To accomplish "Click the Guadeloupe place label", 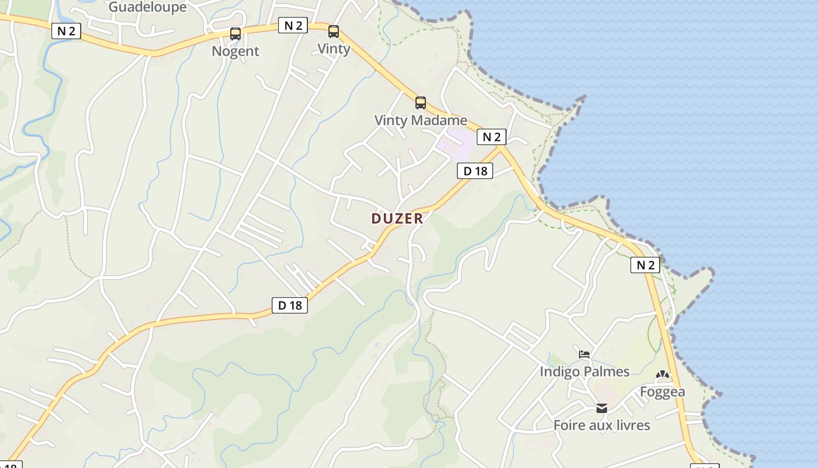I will [x=147, y=7].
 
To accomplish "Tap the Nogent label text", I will [x=235, y=51].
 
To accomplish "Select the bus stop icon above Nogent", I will [x=235, y=34].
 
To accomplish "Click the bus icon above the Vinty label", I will [x=334, y=32].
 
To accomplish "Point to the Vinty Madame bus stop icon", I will [x=421, y=103].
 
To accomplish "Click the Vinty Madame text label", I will [x=421, y=121].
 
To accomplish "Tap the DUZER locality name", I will [x=397, y=218].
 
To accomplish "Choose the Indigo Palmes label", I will [x=584, y=371].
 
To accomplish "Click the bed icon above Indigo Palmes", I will [x=584, y=355].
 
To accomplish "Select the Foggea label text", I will [x=662, y=391].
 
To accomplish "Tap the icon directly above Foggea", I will [x=662, y=374].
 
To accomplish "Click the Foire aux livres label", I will [x=602, y=425].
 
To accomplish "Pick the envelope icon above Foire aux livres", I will [x=602, y=408].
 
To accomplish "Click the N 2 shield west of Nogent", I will [x=66, y=31].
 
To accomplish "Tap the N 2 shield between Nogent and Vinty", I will [x=293, y=25].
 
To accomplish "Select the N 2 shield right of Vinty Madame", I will [x=491, y=137].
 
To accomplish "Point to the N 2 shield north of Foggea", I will [x=645, y=265].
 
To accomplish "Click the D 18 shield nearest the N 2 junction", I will [x=475, y=171].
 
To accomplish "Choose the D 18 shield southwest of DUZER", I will [x=290, y=305].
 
